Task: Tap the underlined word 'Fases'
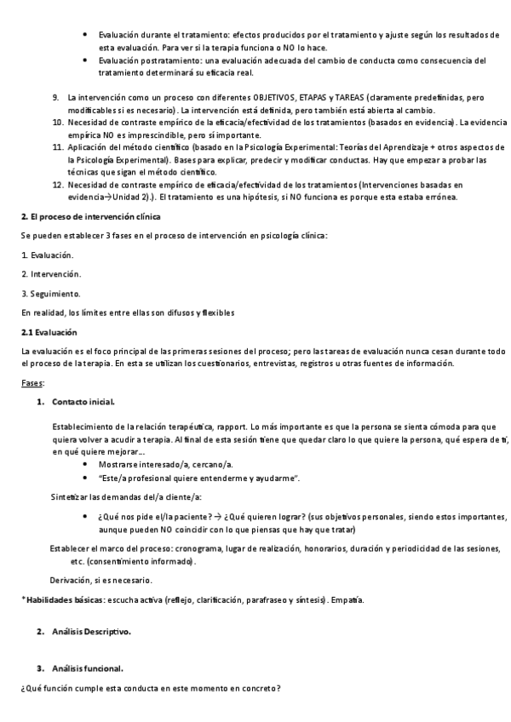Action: click(33, 383)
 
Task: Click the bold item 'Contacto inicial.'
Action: click(83, 401)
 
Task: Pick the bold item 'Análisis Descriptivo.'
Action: click(92, 631)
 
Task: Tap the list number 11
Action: click(58, 148)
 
